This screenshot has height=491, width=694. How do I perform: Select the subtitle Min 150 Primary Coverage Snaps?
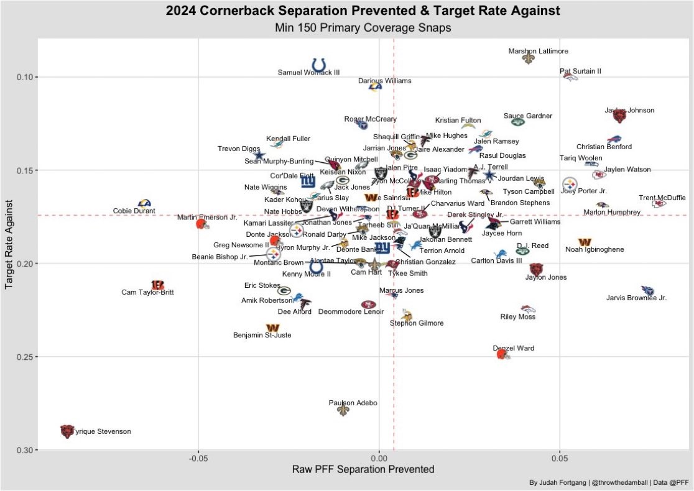[x=363, y=28]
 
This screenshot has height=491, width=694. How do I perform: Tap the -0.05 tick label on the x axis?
[x=198, y=458]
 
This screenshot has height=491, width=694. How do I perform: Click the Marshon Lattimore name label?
[x=538, y=51]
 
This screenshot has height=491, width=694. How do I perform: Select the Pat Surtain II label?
[x=580, y=71]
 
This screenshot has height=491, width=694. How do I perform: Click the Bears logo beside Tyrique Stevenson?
[x=67, y=431]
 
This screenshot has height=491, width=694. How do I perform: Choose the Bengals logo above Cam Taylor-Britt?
[x=157, y=285]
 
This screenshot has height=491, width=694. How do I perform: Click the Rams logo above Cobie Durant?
[x=144, y=203]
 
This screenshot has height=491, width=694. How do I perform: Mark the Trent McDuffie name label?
[x=662, y=198]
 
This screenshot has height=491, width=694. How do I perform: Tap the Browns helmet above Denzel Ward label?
[x=502, y=354]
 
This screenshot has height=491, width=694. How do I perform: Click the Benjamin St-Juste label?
[x=262, y=336]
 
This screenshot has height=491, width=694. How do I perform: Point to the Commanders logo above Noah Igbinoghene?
[x=585, y=242]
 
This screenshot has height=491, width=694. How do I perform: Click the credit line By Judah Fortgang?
[x=608, y=482]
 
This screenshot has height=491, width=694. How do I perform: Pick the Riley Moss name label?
[x=517, y=317]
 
